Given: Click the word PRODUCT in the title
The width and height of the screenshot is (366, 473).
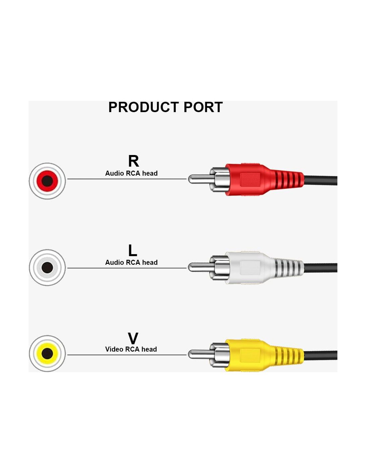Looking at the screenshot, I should pos(144,107).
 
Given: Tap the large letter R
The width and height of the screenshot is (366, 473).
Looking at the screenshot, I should pos(133,161).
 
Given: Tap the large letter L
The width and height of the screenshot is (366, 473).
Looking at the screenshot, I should pos(132,250).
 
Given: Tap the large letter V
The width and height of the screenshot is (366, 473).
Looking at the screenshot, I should pos(133,339).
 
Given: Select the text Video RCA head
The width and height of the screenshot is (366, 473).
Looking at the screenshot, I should pos(131,349).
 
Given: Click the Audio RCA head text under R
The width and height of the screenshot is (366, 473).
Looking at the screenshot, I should pos(131,173).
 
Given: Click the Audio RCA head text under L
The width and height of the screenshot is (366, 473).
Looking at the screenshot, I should pos(131,262).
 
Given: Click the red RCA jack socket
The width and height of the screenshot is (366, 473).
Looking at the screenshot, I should pos(47,181).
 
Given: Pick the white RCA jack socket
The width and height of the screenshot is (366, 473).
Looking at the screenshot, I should pos(47,267).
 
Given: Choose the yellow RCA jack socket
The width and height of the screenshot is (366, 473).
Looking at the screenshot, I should pos(47,353).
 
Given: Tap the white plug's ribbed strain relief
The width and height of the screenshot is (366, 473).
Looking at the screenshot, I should pos(288,268).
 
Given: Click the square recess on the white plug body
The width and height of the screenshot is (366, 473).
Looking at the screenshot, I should pos(250,268).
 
